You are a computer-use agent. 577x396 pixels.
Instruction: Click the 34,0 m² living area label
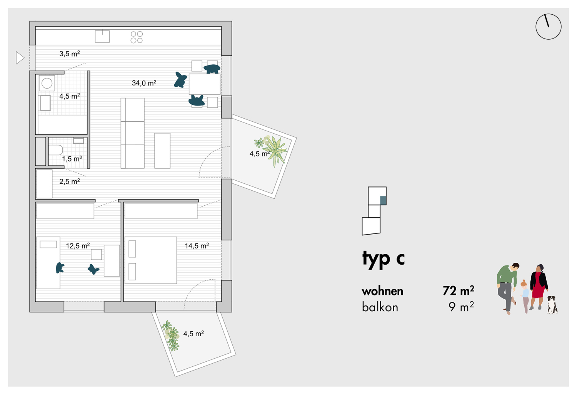(x=144, y=83)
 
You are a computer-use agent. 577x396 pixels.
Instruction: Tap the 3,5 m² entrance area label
(x=70, y=54)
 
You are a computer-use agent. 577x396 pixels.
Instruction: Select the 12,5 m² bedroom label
(x=78, y=246)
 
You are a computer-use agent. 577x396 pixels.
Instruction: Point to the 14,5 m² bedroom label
(x=197, y=246)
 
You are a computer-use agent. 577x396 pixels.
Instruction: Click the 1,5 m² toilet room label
(x=72, y=159)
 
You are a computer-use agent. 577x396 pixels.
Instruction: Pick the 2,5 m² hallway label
(x=70, y=181)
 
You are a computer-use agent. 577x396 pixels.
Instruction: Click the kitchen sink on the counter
(x=102, y=37)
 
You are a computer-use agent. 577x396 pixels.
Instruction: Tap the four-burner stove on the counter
(x=137, y=37)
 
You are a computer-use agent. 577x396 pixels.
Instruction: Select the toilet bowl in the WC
(x=56, y=150)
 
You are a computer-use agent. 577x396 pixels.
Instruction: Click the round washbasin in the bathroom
(x=47, y=83)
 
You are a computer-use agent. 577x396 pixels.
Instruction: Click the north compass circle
(x=548, y=27)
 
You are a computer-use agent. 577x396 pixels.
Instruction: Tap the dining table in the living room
(x=204, y=84)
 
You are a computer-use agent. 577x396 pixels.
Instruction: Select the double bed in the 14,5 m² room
(x=150, y=260)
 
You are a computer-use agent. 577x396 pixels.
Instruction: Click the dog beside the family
(x=552, y=304)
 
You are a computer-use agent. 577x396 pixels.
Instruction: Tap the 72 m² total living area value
(x=458, y=291)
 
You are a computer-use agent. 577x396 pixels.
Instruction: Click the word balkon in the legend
(x=380, y=307)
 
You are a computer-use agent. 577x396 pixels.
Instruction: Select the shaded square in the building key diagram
(x=383, y=200)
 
